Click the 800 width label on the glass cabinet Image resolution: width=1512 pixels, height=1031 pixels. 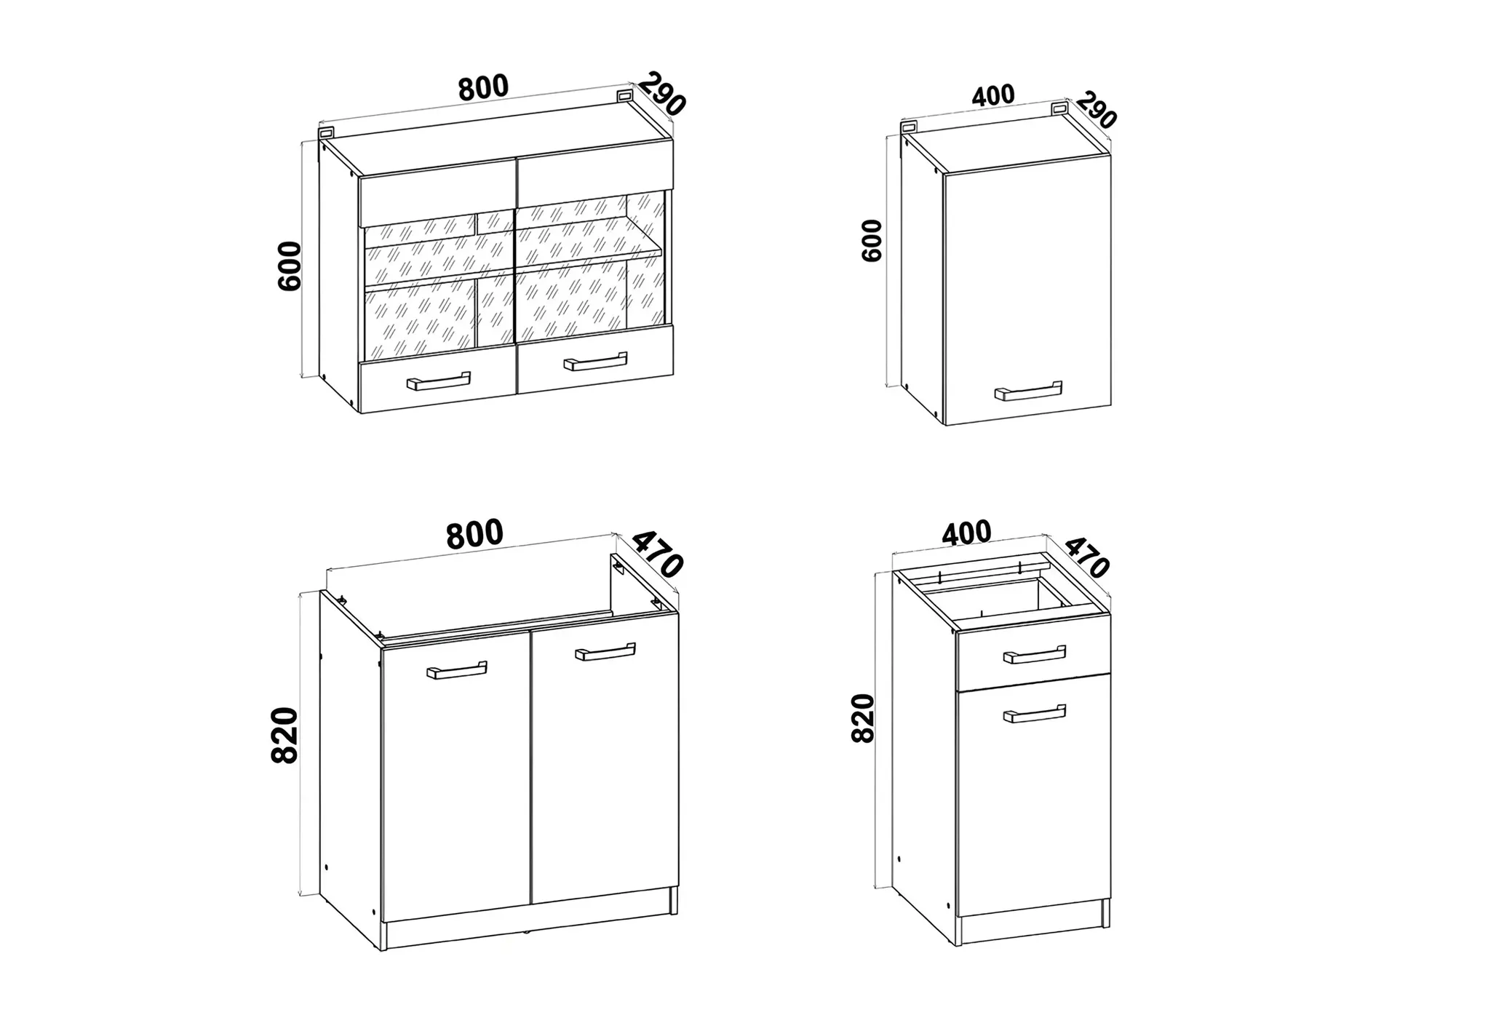click(x=483, y=87)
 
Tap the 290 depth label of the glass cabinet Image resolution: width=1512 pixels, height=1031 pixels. click(x=661, y=93)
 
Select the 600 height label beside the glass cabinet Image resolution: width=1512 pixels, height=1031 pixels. click(x=290, y=266)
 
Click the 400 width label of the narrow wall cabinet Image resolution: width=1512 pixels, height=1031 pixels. click(x=992, y=95)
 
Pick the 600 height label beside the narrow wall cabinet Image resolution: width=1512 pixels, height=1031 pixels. click(x=871, y=240)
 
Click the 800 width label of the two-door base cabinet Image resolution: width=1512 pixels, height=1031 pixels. click(x=474, y=533)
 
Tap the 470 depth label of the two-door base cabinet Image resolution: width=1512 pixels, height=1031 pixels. click(x=657, y=554)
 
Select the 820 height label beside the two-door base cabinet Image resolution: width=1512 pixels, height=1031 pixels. click(x=285, y=735)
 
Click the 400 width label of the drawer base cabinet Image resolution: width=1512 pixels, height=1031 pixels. click(x=966, y=533)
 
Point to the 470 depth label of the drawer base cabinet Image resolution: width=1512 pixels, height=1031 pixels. click(x=1087, y=557)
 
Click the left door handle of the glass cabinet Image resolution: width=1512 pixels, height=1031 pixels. click(x=438, y=381)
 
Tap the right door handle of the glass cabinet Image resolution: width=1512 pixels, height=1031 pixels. click(x=595, y=362)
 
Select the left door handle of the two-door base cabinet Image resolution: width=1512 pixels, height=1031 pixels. click(x=457, y=670)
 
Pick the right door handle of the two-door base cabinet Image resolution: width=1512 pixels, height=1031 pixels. click(x=605, y=652)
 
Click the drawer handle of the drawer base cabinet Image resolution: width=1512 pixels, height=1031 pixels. click(x=1034, y=655)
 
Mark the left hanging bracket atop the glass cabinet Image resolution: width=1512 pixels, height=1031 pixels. click(x=327, y=132)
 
